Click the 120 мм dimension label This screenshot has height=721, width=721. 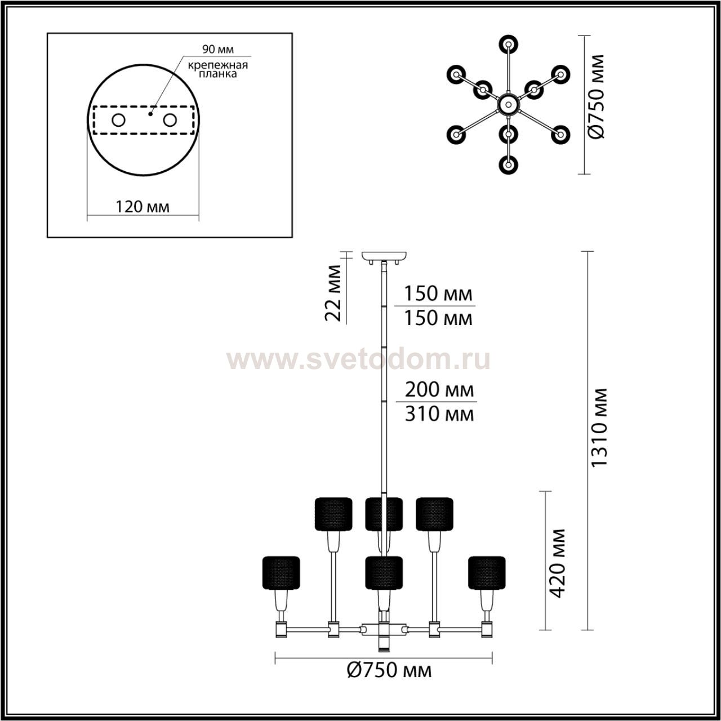[x=143, y=206]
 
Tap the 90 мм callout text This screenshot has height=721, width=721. [x=218, y=49]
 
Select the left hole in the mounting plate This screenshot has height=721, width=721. [x=119, y=121]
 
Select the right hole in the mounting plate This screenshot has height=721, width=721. [x=170, y=121]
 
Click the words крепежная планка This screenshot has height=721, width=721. [x=218, y=69]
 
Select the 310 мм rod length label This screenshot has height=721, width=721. [x=439, y=414]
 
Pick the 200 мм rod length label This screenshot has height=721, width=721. [x=439, y=390]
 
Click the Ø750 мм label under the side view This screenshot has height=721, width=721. [x=389, y=680]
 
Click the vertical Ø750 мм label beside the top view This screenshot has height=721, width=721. [x=596, y=96]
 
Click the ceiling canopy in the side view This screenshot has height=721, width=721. [x=384, y=256]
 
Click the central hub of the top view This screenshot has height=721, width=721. [x=508, y=104]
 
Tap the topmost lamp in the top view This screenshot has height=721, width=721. [x=508, y=44]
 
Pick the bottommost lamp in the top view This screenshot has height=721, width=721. [x=508, y=164]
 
